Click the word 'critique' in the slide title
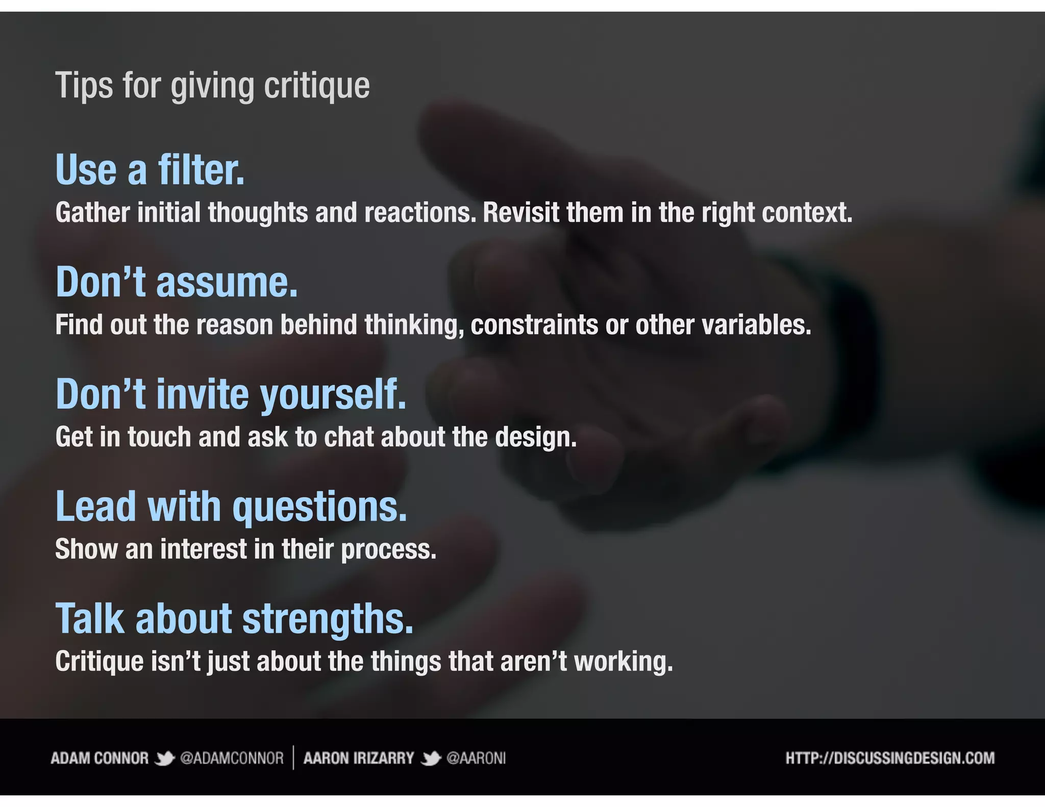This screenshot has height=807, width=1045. [316, 86]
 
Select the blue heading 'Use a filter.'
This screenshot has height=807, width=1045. [150, 170]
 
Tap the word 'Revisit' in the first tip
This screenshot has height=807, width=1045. [520, 213]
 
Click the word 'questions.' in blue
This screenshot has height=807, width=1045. [320, 507]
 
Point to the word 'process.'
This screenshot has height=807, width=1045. [388, 549]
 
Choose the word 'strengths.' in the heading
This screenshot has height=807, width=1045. [328, 619]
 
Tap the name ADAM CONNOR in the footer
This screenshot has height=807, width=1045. [99, 758]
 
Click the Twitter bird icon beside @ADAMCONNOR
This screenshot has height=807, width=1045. [164, 759]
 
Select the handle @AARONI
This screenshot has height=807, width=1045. [476, 758]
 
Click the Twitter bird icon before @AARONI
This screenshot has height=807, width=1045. [431, 759]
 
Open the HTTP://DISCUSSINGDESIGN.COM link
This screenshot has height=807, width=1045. [890, 758]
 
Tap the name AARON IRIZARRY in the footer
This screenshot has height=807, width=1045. [359, 758]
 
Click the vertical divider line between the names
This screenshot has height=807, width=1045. [293, 758]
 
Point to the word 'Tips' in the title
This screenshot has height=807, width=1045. [84, 86]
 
